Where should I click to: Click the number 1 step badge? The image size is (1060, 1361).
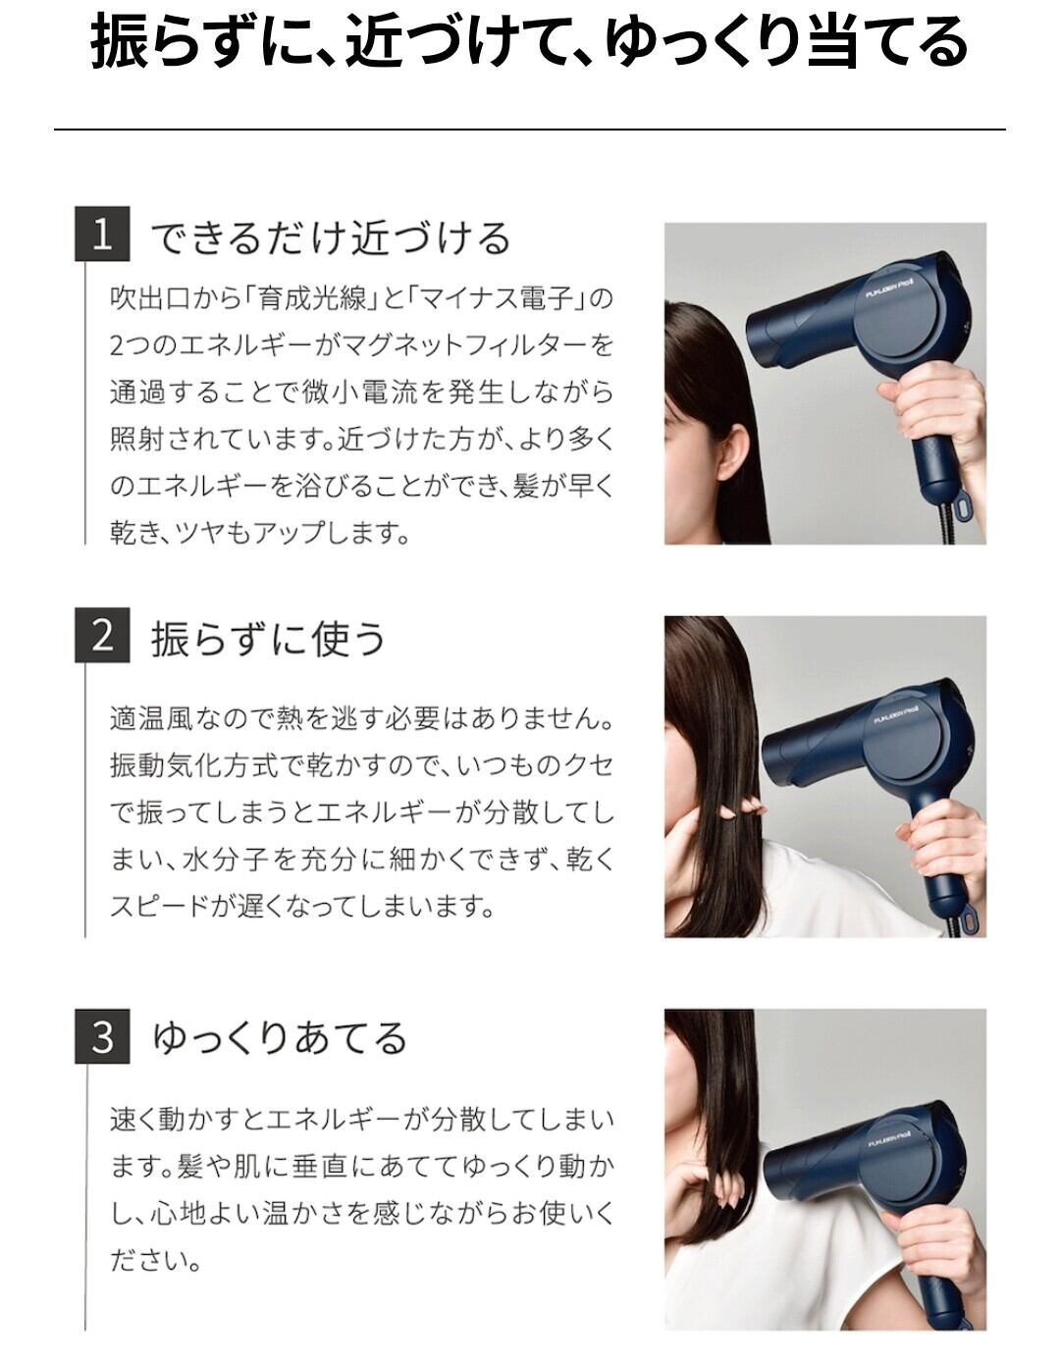[x=103, y=234]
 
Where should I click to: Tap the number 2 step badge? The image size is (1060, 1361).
[x=103, y=635]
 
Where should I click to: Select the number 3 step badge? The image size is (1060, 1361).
[x=103, y=1036]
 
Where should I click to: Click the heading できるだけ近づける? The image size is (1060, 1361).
[x=331, y=238]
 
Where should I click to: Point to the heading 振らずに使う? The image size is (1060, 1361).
[x=268, y=639]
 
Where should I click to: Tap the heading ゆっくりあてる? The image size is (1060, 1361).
[x=280, y=1038]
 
